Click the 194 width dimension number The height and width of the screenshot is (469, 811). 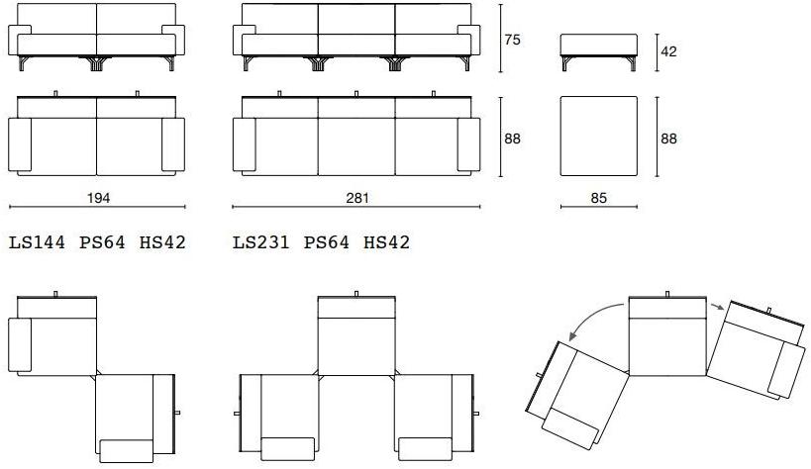click(98, 198)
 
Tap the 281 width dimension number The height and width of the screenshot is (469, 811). click(356, 198)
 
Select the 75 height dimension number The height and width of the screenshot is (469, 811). click(512, 40)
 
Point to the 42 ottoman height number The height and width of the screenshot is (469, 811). click(668, 51)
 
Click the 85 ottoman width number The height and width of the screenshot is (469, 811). click(598, 198)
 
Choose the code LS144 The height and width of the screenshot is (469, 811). click(38, 242)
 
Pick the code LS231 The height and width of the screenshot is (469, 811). click(261, 242)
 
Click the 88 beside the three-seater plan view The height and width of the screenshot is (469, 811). click(512, 139)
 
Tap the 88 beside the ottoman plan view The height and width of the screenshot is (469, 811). click(668, 139)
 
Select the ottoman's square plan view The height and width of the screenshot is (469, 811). click(599, 136)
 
